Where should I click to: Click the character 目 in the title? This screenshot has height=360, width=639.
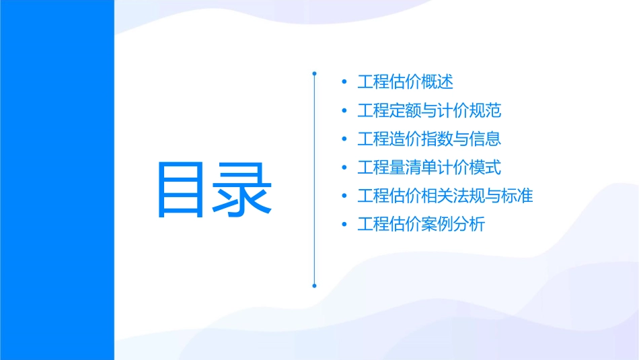(x=180, y=189)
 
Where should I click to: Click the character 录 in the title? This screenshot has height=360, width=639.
(x=245, y=189)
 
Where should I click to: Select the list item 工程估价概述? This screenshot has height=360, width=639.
(x=405, y=82)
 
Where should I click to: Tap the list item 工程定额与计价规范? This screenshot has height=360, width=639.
(x=429, y=110)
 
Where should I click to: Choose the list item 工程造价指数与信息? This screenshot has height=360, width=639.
(x=429, y=139)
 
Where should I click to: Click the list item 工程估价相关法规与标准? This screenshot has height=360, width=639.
(x=445, y=196)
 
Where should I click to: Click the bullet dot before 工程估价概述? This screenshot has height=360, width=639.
(x=345, y=82)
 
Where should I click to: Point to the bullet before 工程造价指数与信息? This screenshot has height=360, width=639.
(x=345, y=139)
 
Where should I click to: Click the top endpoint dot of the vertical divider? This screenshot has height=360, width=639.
(x=314, y=73)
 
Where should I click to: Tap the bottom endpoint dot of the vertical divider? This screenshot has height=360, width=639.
(x=314, y=285)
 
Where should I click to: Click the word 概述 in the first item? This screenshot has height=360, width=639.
(x=437, y=82)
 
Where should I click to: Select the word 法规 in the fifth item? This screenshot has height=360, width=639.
(x=469, y=196)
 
